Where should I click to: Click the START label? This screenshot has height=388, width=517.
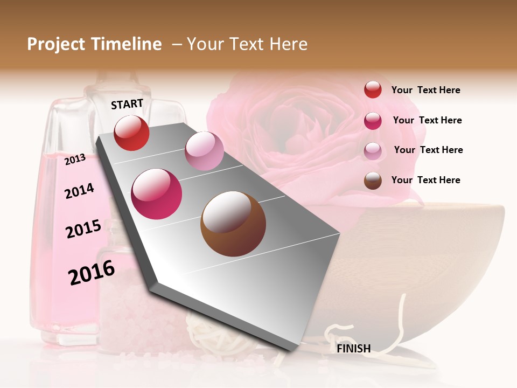pyautogui.click(x=127, y=104)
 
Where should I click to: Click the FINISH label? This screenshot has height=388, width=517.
pyautogui.click(x=354, y=349)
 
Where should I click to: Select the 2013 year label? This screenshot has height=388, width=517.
pyautogui.click(x=75, y=159)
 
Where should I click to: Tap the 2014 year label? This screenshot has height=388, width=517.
pyautogui.click(x=79, y=191)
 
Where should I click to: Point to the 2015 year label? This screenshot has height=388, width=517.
pyautogui.click(x=83, y=229)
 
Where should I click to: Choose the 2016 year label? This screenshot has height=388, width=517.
pyautogui.click(x=92, y=273)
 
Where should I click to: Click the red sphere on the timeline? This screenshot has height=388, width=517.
pyautogui.click(x=131, y=133)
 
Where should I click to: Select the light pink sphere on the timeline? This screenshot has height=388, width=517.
pyautogui.click(x=204, y=151)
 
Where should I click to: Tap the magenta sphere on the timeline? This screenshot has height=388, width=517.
pyautogui.click(x=157, y=194)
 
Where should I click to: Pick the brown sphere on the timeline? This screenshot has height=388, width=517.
pyautogui.click(x=233, y=224)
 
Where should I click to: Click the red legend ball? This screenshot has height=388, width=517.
pyautogui.click(x=373, y=89)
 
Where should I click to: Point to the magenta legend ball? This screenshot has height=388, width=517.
pyautogui.click(x=373, y=120)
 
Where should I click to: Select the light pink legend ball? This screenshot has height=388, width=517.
pyautogui.click(x=373, y=150)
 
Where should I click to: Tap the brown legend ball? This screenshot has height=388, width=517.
pyautogui.click(x=373, y=181)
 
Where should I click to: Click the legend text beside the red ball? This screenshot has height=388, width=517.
pyautogui.click(x=425, y=90)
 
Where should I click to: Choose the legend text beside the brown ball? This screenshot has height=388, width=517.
pyautogui.click(x=425, y=180)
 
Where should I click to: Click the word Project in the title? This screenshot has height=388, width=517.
pyautogui.click(x=55, y=44)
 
